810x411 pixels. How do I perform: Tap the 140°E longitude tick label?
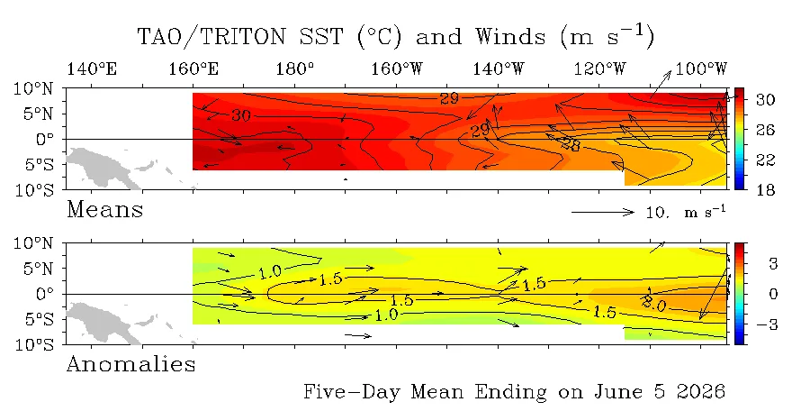pyautogui.click(x=92, y=68)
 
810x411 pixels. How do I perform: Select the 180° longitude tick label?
pyautogui.click(x=295, y=68)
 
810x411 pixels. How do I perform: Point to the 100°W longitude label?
pyautogui.click(x=701, y=68)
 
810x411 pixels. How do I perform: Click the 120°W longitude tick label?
pyautogui.click(x=599, y=68)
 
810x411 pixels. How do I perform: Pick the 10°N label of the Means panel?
pyautogui.click(x=32, y=88)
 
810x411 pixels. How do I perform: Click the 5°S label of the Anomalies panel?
pyautogui.click(x=38, y=319)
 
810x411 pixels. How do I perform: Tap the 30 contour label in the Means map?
pyautogui.click(x=240, y=114)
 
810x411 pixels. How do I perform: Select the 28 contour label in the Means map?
pyautogui.click(x=571, y=144)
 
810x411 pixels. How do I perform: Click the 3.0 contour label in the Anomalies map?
pyautogui.click(x=654, y=304)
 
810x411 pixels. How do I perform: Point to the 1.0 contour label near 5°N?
pyautogui.click(x=270, y=272)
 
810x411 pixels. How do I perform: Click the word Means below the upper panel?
pyautogui.click(x=105, y=210)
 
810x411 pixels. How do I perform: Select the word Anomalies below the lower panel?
pyautogui.click(x=131, y=364)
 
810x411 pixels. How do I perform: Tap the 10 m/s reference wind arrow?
pyautogui.click(x=603, y=212)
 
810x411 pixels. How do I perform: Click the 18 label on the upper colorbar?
pyautogui.click(x=766, y=190)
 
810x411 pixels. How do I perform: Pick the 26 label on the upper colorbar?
pyautogui.click(x=766, y=130)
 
